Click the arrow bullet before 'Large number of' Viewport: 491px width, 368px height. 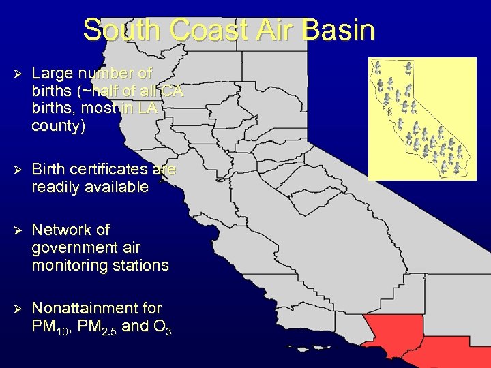[18, 72]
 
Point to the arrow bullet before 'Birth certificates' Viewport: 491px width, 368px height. [18, 169]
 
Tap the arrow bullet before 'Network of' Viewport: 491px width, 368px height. [18, 230]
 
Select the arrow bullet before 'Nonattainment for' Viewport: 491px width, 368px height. [18, 308]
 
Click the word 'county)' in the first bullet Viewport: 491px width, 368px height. [59, 126]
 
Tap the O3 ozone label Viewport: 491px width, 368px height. [162, 326]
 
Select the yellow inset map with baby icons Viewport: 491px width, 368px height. [422, 119]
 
